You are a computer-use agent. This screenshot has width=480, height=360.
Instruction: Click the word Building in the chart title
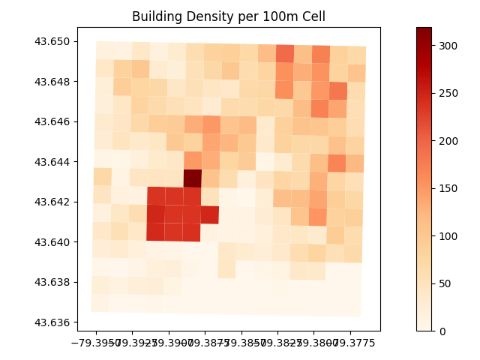[x=155, y=16]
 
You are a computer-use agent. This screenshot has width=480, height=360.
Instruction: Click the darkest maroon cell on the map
[x=193, y=178]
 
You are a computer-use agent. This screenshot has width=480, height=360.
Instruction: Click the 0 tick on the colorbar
[x=442, y=331]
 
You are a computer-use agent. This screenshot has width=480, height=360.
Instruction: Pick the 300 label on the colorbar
[x=448, y=45]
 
